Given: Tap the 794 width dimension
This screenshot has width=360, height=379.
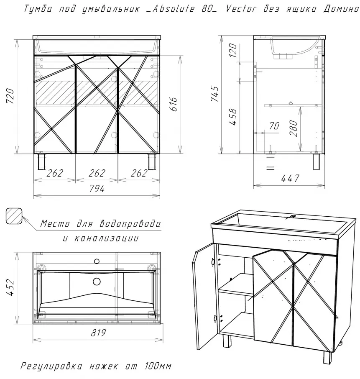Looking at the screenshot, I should [x=96, y=189].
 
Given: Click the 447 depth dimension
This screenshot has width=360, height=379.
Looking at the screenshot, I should [x=290, y=179].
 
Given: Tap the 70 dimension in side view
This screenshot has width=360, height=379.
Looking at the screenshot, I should [x=274, y=125].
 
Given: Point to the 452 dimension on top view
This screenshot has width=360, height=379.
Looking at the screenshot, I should [x=11, y=288].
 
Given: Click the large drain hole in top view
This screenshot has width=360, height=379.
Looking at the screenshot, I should [x=97, y=282].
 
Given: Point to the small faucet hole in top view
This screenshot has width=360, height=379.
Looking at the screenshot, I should [x=97, y=261].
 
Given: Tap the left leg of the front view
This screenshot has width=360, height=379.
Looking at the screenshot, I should [x=41, y=161].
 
